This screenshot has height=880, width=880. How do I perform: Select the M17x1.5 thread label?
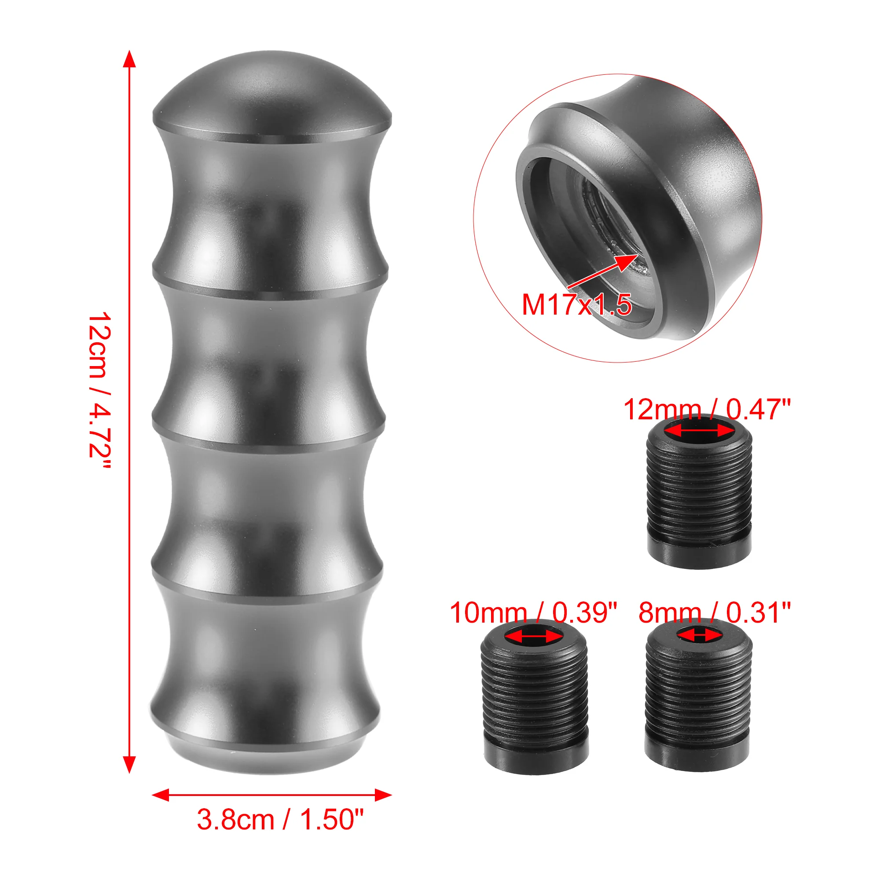[576, 304]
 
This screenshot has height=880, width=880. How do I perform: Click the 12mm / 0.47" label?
[707, 409]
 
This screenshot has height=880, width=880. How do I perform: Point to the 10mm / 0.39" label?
[533, 612]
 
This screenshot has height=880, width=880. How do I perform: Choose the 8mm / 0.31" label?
[715, 612]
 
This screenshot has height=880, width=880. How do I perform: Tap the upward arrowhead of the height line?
[129, 59]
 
